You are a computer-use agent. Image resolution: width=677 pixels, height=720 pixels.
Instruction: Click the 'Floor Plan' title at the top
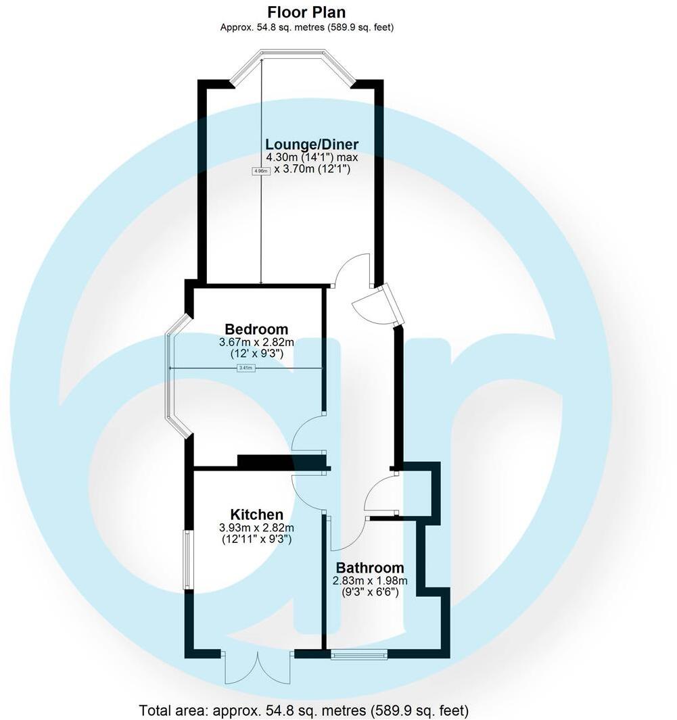point(306,12)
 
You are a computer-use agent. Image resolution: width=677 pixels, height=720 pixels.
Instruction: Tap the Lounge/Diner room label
point(311,144)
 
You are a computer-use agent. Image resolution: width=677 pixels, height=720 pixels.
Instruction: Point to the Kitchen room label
point(256,514)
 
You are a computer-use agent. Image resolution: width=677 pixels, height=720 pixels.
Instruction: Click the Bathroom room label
point(370,568)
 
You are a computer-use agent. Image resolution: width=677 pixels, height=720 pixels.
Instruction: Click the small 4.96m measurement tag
point(261,171)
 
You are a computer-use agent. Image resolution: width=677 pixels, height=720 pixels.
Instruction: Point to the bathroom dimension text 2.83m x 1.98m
point(370,581)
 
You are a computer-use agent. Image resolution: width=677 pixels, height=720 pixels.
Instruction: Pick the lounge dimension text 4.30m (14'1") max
point(312,158)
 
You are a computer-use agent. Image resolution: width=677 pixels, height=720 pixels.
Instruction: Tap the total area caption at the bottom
point(304,711)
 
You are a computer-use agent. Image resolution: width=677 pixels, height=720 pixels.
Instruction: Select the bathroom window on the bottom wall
point(359,654)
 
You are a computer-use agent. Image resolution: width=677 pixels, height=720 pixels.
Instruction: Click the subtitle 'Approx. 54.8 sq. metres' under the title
point(306,28)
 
